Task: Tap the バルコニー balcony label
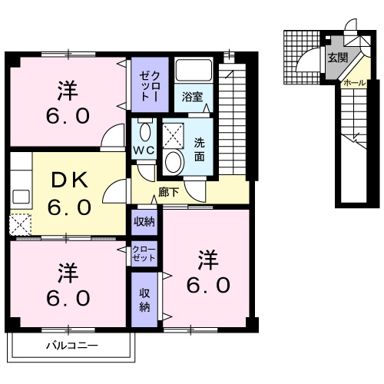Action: (x=71, y=346)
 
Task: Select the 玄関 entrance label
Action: (x=337, y=58)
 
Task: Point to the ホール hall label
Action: (x=354, y=82)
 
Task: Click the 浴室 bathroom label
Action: (x=192, y=98)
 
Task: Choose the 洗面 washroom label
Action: (x=198, y=148)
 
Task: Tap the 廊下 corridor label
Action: (x=168, y=192)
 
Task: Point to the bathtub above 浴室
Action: (x=193, y=71)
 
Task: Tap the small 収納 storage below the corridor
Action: (x=144, y=222)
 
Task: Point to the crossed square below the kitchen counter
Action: (x=18, y=224)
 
